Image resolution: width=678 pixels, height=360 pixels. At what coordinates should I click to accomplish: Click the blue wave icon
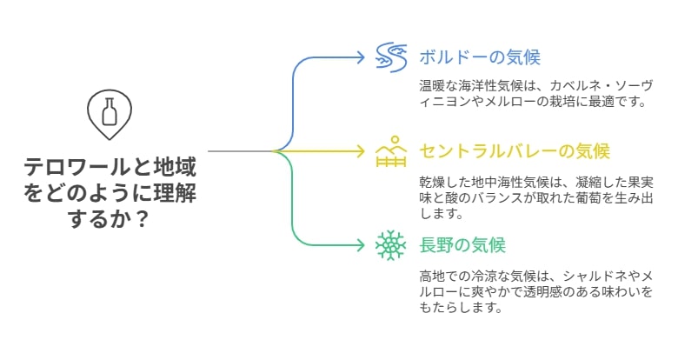(391, 57)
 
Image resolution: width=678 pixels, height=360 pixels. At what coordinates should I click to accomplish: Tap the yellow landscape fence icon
(391, 151)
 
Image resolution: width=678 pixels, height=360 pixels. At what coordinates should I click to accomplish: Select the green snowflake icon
(391, 245)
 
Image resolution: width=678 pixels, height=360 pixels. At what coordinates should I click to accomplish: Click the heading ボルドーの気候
(480, 57)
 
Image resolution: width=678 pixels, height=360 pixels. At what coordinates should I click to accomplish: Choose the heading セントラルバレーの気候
(515, 151)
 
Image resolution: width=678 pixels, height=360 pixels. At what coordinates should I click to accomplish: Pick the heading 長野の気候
(462, 245)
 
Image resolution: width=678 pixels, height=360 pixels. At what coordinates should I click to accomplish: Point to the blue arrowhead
(360, 57)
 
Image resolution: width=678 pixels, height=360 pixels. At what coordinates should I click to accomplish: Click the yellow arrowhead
(360, 151)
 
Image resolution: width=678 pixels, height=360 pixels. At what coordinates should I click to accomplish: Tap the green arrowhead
(360, 245)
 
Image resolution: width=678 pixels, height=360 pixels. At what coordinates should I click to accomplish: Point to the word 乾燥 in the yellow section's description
(432, 182)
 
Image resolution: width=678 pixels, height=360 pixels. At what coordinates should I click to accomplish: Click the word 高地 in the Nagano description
(432, 276)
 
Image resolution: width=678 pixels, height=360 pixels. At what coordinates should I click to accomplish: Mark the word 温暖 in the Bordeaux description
(432, 86)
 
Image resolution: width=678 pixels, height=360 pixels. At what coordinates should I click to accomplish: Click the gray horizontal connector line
(241, 151)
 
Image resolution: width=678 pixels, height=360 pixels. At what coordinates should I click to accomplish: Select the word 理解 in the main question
(175, 193)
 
